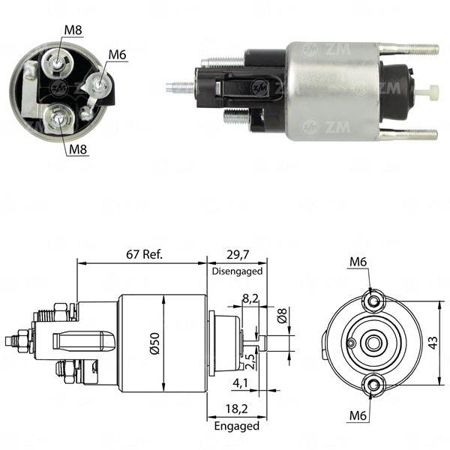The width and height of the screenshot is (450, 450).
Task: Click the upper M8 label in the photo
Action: [73, 29]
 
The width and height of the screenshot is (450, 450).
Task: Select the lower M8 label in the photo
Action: [78, 149]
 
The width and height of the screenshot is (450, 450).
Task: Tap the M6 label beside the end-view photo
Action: [117, 55]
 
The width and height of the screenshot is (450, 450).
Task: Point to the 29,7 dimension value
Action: [236, 254]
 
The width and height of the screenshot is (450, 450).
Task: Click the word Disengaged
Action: [237, 271]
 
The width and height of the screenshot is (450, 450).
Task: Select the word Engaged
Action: [238, 426]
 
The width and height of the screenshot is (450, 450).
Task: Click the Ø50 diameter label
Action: [155, 341]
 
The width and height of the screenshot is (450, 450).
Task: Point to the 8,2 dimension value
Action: [250, 298]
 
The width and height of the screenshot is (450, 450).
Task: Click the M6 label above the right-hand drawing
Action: [358, 262]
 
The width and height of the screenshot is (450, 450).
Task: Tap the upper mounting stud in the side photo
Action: [409, 49]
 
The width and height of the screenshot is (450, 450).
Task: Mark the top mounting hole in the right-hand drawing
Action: [373, 301]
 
